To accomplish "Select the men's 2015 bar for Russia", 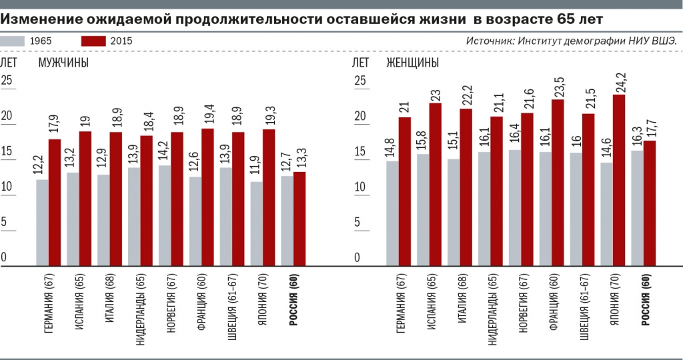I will (x=300, y=218).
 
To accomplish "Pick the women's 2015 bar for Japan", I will (x=618, y=179).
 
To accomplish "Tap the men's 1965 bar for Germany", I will (x=42, y=222).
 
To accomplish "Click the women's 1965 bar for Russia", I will (x=637, y=207).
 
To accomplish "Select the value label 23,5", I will (x=558, y=84).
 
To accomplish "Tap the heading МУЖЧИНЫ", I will (x=63, y=63).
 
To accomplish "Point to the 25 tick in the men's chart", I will (x=7, y=81).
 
